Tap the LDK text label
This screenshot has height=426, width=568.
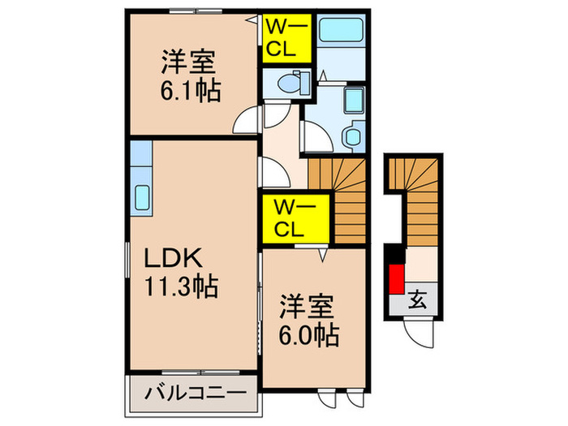[172, 259]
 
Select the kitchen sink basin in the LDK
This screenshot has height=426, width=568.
[140, 197]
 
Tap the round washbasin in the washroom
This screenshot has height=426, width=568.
[353, 136]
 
